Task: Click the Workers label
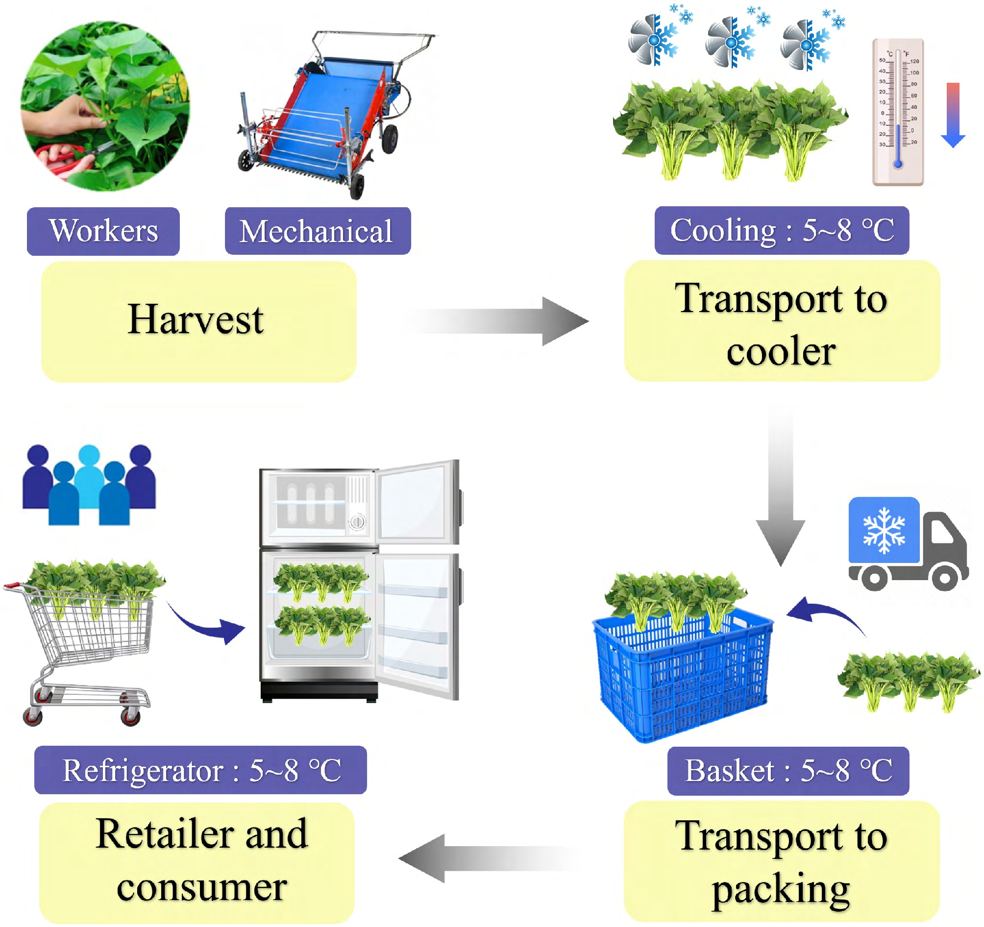pos(103,231)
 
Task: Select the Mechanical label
pos(318,231)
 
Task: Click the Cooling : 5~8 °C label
pos(782,230)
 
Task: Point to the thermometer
pos(898,112)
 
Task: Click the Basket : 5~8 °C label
pos(788,771)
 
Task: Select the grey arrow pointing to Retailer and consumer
pos(490,858)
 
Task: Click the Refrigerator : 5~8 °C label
pos(200,770)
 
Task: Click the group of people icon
pos(89,485)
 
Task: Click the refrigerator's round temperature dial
pos(357,522)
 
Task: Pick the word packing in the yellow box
pos(781,890)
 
